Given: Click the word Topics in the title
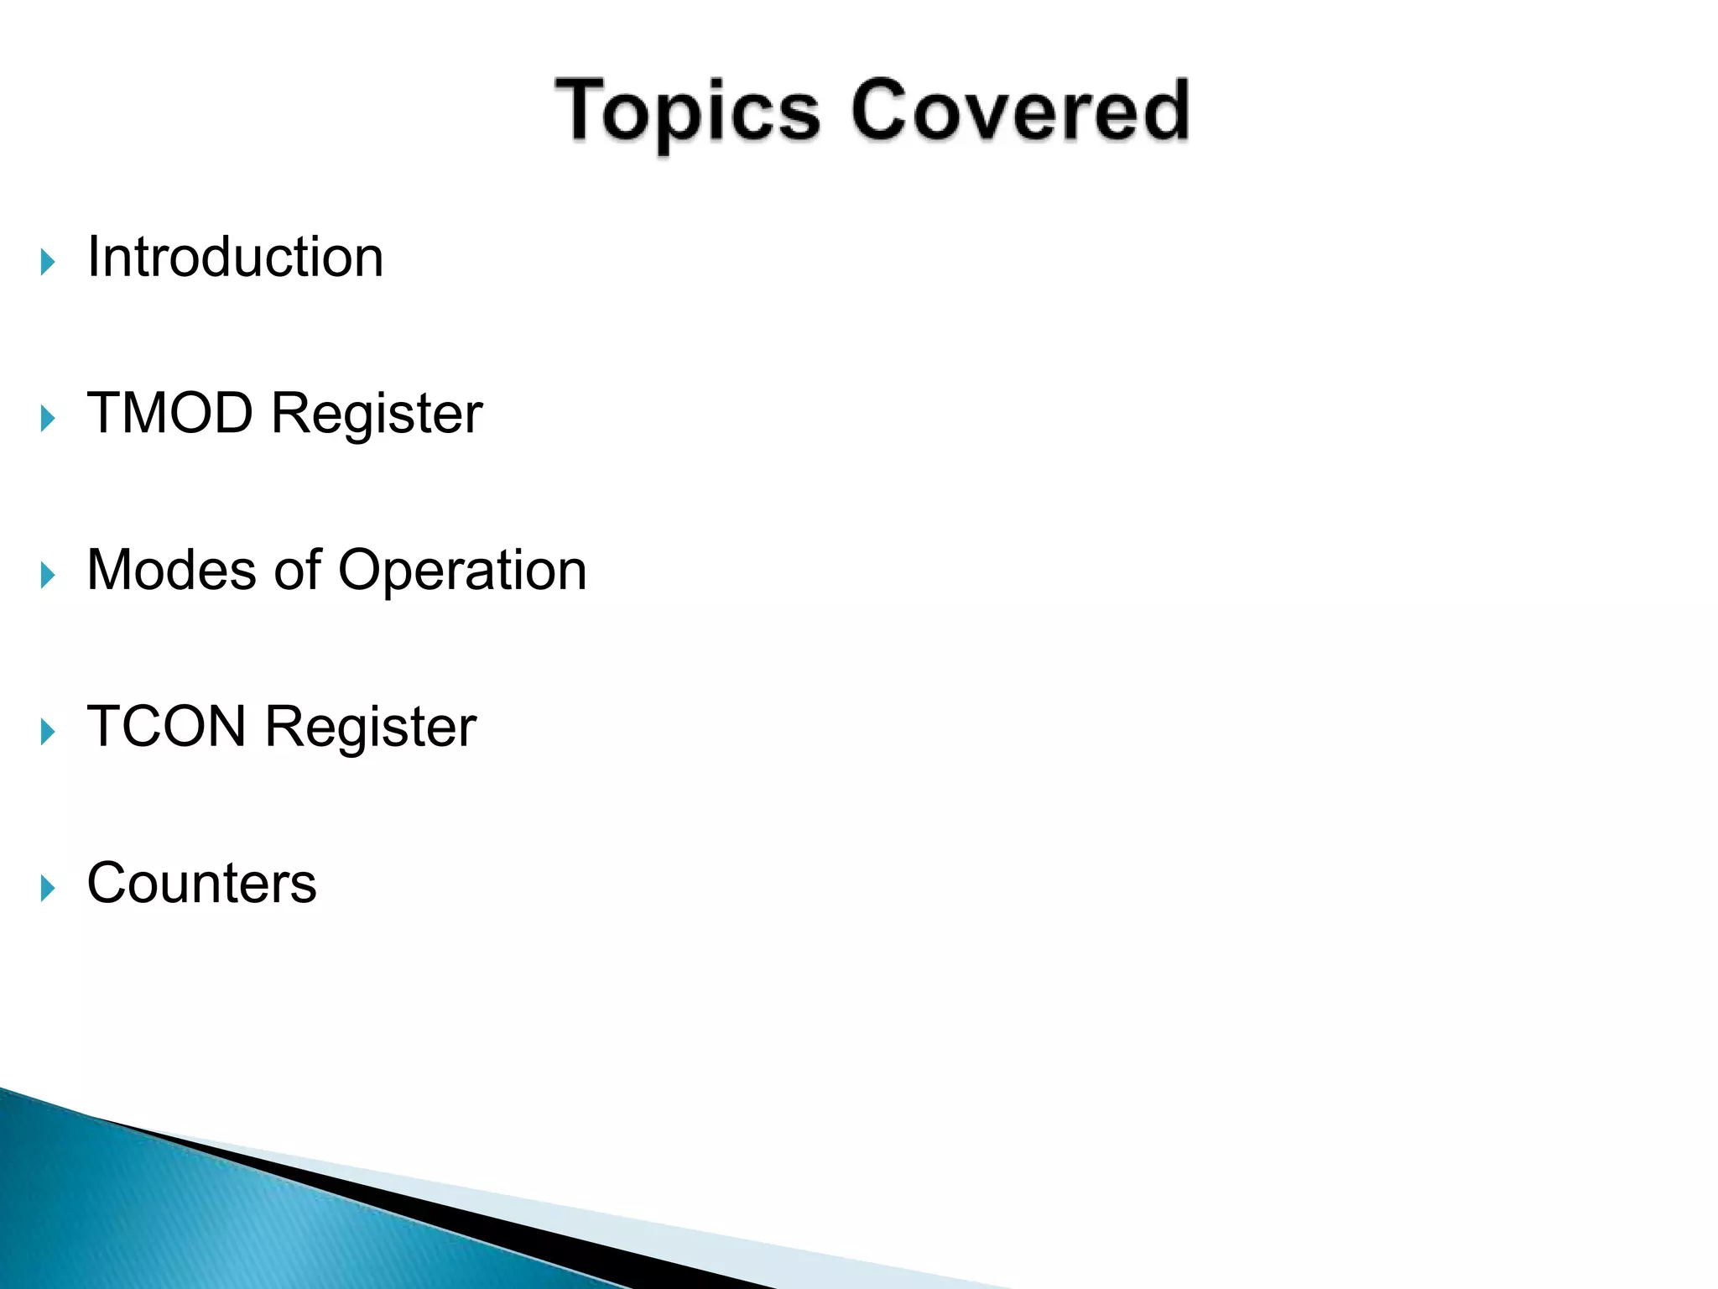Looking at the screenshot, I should coord(686,112).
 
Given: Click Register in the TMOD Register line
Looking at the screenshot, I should coord(377,415).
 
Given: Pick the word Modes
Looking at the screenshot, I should coord(171,570).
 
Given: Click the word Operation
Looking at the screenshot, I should coord(462,571).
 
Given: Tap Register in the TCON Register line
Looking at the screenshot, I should coord(371,728).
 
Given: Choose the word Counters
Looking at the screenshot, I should coord(201,883).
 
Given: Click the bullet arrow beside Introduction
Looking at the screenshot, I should coord(48,262).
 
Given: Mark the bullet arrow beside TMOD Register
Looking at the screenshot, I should coord(48,419).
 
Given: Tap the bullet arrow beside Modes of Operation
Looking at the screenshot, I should coord(48,576).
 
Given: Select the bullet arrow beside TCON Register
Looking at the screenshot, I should coord(48,732).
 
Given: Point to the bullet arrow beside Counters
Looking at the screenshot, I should coord(48,888).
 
